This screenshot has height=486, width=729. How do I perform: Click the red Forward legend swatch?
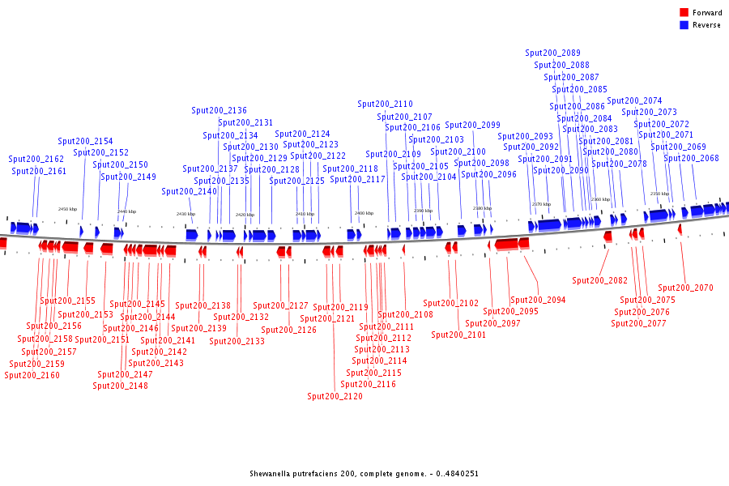(x=684, y=13)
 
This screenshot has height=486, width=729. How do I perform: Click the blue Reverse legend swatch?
(x=684, y=25)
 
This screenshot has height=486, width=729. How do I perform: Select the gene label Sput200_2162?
(x=36, y=160)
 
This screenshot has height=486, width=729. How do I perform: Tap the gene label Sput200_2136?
(x=220, y=110)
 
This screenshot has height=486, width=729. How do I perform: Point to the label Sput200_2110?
(x=386, y=104)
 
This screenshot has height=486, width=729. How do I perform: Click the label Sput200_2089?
(x=552, y=53)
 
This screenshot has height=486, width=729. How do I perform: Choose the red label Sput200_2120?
(x=335, y=396)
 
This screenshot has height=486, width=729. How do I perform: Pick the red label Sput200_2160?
(x=32, y=375)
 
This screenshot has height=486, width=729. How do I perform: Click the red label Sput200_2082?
(x=600, y=280)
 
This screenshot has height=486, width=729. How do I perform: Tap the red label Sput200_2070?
(x=685, y=288)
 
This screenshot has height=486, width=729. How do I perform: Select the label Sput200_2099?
(x=473, y=125)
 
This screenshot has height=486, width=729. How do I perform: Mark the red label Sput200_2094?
(x=538, y=300)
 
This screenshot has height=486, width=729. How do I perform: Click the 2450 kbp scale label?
(x=67, y=209)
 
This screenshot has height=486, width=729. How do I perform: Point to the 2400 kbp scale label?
(x=364, y=213)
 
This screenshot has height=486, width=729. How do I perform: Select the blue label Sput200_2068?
(x=692, y=158)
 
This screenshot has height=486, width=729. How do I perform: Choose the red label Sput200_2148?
(x=120, y=386)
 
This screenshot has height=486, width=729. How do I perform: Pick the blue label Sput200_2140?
(x=190, y=191)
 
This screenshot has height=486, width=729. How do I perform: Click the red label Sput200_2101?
(x=458, y=335)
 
